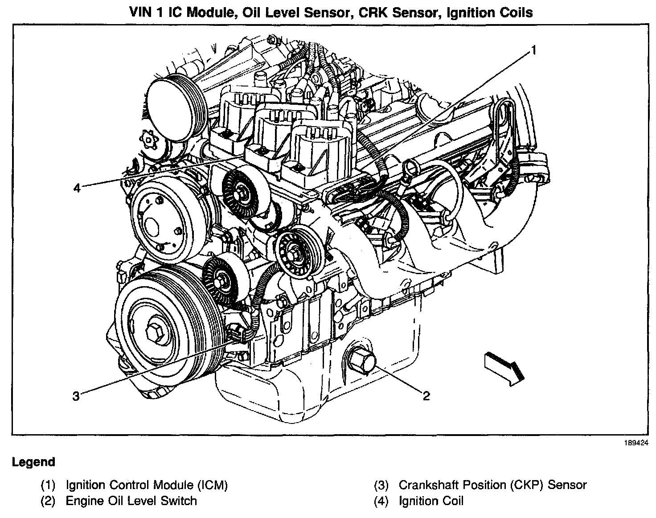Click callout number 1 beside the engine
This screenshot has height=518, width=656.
[x=533, y=49]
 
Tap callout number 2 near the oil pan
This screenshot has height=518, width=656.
[x=426, y=396]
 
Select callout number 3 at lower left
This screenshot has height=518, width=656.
[x=76, y=396]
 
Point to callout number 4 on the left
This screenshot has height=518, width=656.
[x=77, y=189]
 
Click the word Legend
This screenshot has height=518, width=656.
[x=33, y=462]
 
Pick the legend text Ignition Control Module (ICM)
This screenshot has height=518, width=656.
[x=147, y=485]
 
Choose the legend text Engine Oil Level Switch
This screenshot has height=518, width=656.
[x=131, y=501]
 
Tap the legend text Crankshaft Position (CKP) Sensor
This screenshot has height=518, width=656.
[x=492, y=485]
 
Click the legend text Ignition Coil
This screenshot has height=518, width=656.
[x=431, y=501]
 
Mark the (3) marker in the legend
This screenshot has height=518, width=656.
[x=381, y=485]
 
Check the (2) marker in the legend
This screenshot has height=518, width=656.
[x=48, y=501]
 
